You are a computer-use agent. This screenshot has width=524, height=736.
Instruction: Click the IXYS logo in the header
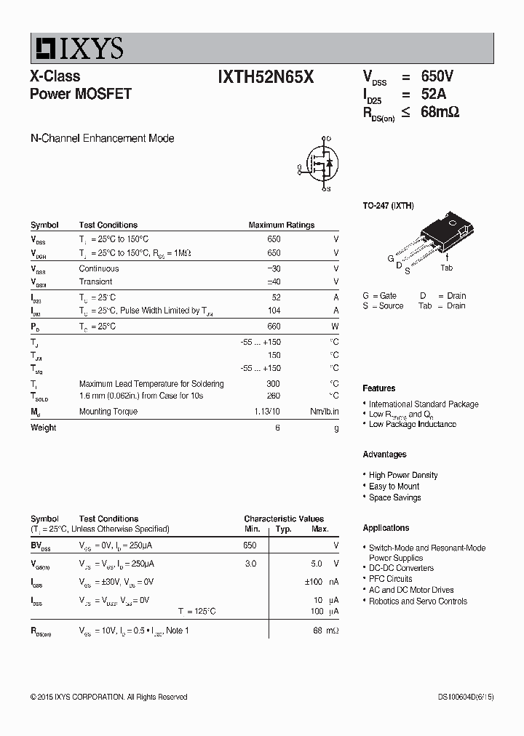coord(77,48)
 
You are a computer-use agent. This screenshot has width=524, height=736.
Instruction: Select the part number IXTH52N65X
coord(266,77)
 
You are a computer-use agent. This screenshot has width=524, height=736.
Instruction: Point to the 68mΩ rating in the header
coord(440,112)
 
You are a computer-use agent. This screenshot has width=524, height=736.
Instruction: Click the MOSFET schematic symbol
coord(320,164)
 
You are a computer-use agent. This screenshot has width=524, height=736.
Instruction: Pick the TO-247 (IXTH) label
coord(389,206)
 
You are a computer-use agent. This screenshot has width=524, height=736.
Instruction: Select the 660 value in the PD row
coord(274,327)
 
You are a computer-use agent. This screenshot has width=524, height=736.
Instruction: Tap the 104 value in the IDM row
coord(274,311)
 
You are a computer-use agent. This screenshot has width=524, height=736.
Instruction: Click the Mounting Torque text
coord(108,412)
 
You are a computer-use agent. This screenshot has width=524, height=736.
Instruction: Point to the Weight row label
coord(44,428)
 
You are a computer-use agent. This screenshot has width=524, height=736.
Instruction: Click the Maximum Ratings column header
coord(282,225)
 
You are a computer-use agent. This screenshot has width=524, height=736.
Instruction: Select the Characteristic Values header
coord(284,519)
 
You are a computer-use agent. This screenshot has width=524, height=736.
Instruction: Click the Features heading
coord(379,388)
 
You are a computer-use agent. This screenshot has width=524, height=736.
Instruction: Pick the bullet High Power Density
coord(402,475)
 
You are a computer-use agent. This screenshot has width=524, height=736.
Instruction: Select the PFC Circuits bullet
coord(390,579)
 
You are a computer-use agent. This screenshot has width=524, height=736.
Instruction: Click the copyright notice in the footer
coord(109,697)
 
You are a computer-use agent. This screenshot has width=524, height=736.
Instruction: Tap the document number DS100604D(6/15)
coord(456,697)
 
